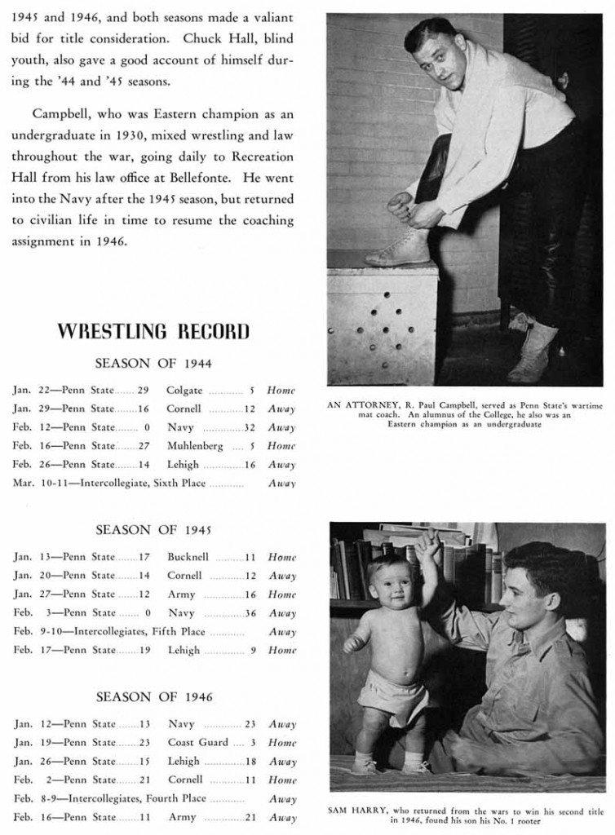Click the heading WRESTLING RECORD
click(153, 331)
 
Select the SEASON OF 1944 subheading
click(153, 363)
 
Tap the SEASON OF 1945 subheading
click(153, 530)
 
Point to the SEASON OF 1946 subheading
click(153, 697)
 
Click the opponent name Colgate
click(184, 391)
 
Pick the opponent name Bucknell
click(188, 558)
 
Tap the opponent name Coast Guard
click(198, 743)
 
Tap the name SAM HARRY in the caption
click(356, 811)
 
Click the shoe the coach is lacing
click(398, 247)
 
